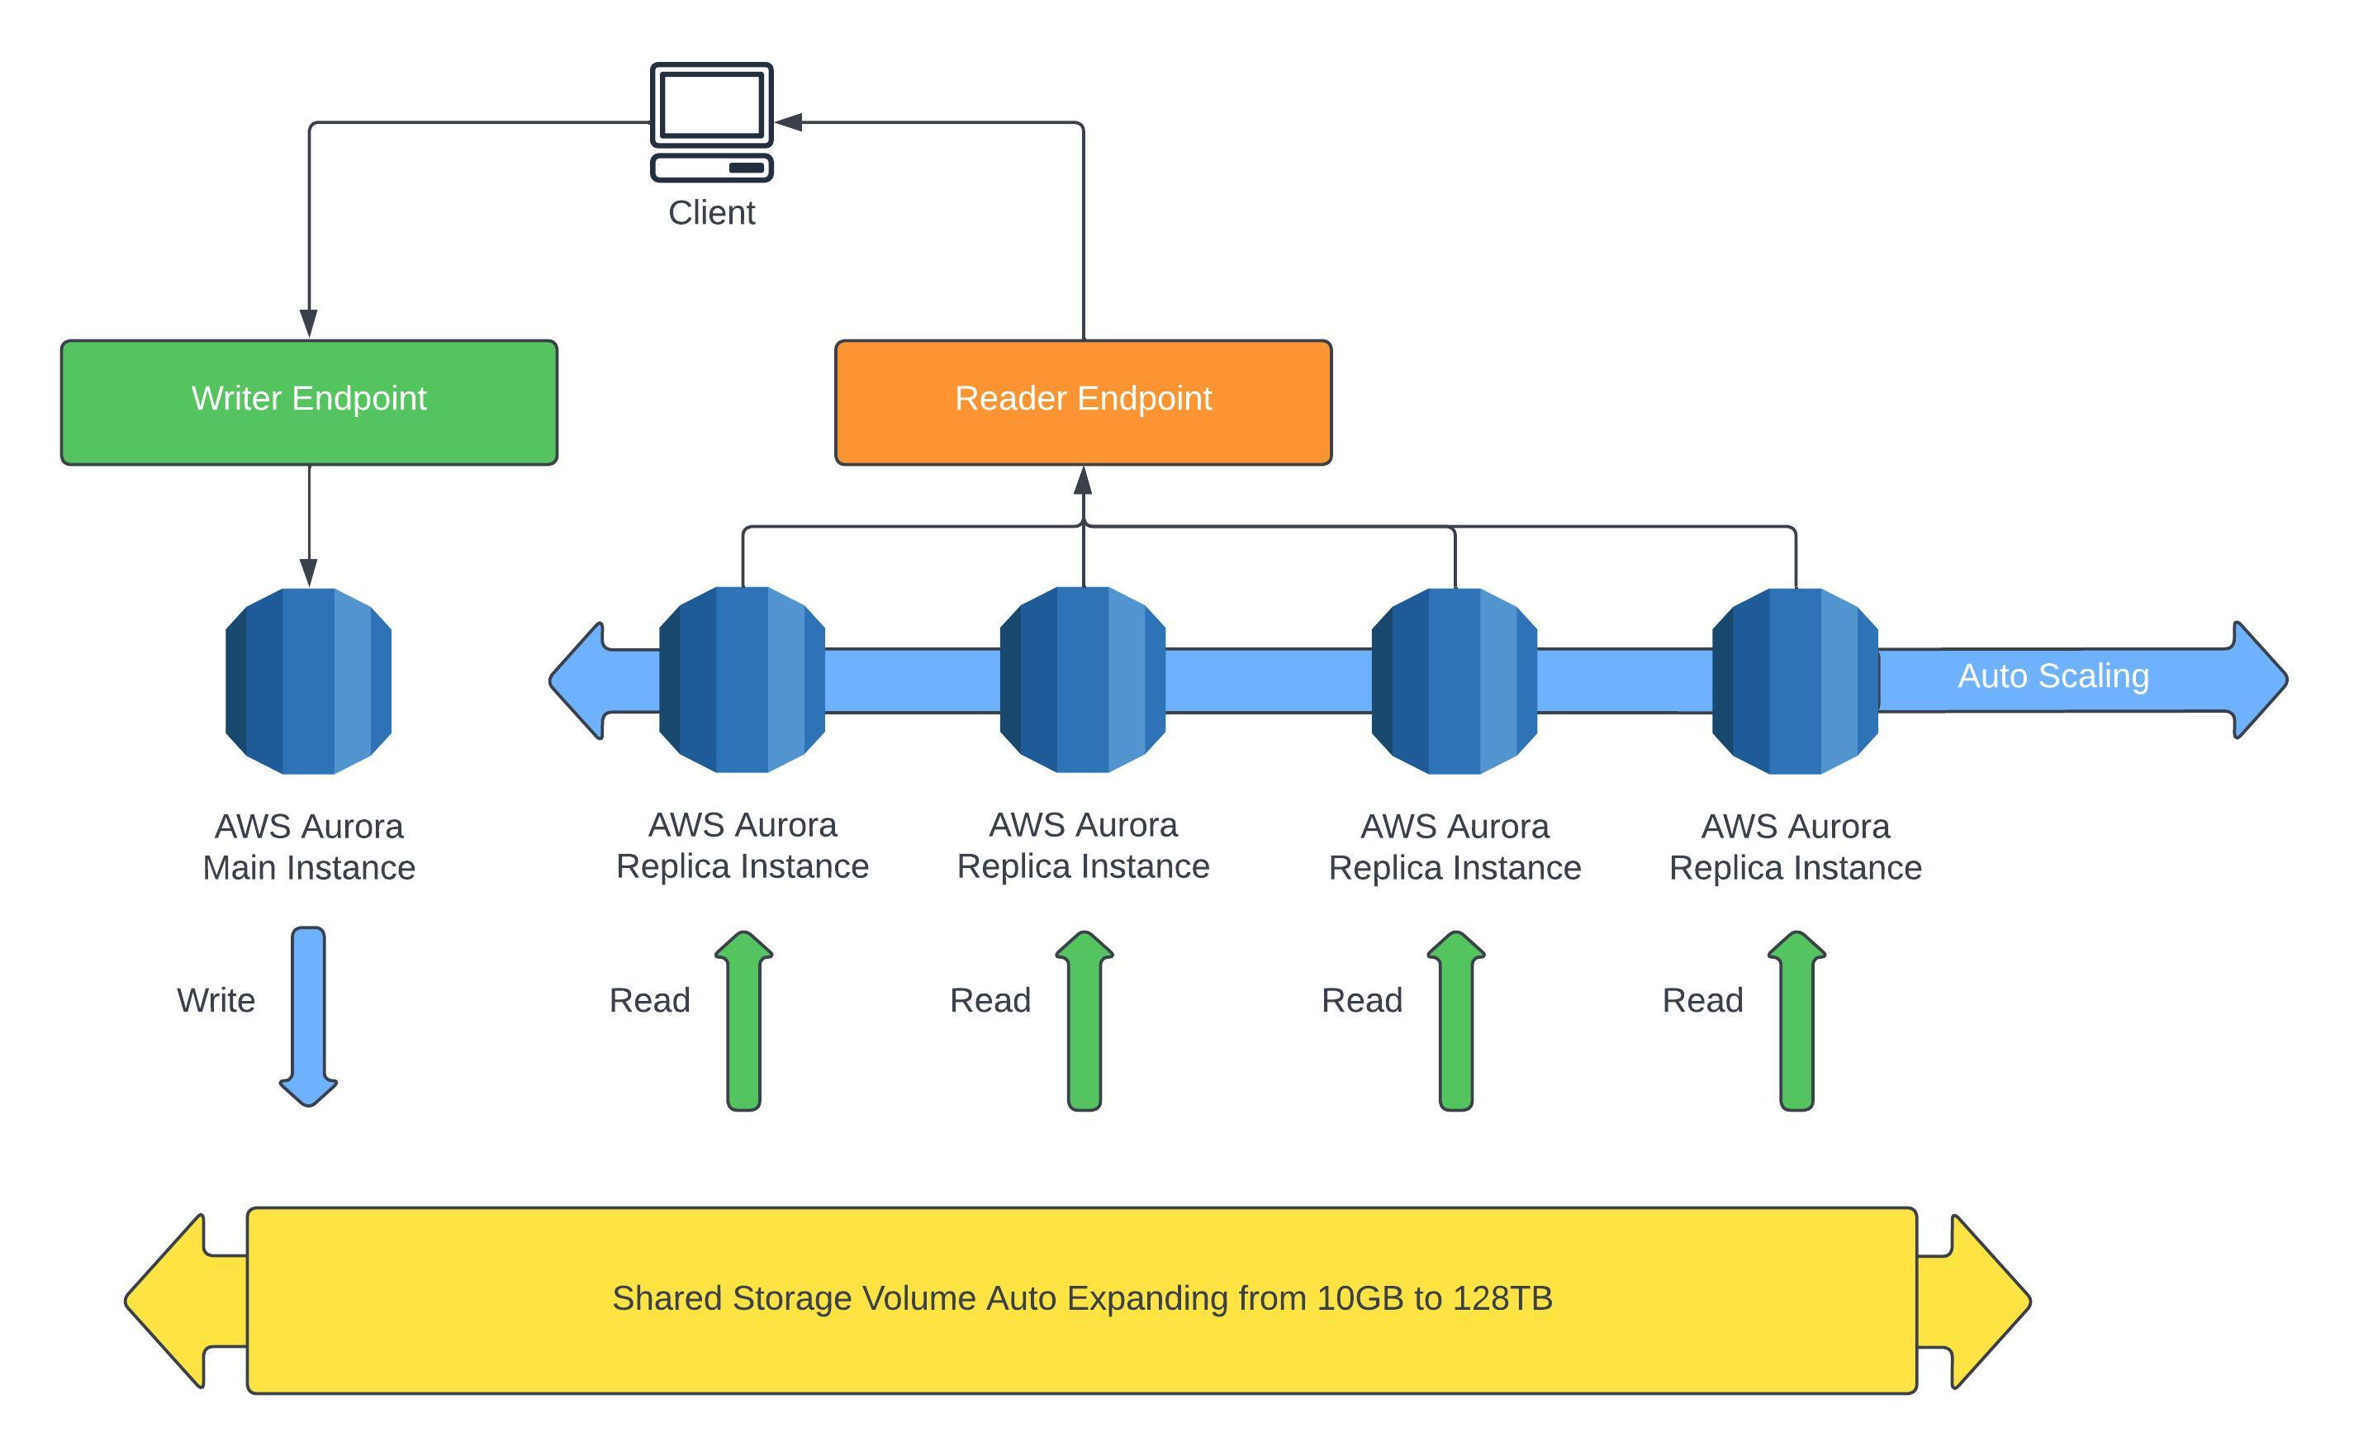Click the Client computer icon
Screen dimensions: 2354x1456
click(x=711, y=121)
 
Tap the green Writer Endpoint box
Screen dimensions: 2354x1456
click(x=309, y=402)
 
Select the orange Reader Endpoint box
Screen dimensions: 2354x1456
click(x=1083, y=402)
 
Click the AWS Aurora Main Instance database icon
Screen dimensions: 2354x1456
click(x=308, y=681)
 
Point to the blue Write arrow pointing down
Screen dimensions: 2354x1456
click(x=308, y=1017)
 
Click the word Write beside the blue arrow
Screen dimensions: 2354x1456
click(x=216, y=1000)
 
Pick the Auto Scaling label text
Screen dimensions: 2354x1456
click(x=2053, y=676)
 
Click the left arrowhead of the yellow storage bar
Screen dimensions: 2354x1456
click(x=165, y=1301)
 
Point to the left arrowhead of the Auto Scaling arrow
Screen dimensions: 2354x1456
click(x=577, y=681)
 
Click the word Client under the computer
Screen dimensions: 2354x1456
click(x=711, y=213)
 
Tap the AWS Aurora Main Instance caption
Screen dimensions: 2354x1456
click(x=309, y=847)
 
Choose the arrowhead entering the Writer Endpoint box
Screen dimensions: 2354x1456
click(x=308, y=324)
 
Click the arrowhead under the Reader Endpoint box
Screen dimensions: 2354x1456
click(x=1083, y=481)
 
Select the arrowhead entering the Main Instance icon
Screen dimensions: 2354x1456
click(x=308, y=573)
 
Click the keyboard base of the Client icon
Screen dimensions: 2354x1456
click(x=711, y=168)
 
